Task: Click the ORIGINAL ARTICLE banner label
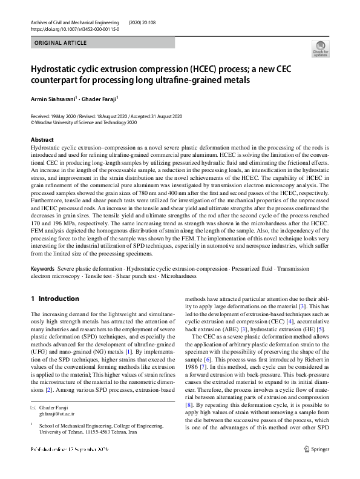pos(61,43)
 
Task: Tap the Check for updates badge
pos(319,48)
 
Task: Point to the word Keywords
pos(42,268)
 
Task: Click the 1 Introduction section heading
pos(55,299)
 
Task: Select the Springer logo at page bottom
pos(316,466)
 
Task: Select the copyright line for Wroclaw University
pos(84,121)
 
